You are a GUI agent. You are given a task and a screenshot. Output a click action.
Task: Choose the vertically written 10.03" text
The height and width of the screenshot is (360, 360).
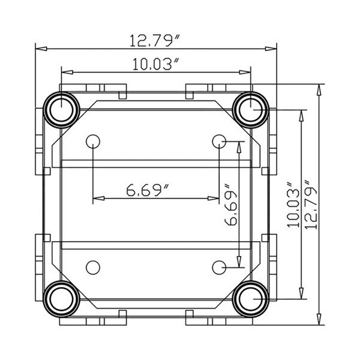tap(293, 204)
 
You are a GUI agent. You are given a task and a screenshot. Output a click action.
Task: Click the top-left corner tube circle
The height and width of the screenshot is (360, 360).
tap(61, 109)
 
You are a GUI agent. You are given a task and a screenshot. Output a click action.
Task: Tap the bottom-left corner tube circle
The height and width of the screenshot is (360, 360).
tap(61, 298)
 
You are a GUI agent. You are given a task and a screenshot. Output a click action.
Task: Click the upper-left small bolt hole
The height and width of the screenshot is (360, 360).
tap(92, 142)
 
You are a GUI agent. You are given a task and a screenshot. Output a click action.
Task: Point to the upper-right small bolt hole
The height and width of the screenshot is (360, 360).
tap(219, 142)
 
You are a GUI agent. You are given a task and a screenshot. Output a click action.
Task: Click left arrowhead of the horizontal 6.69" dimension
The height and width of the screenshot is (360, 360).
tap(97, 198)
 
